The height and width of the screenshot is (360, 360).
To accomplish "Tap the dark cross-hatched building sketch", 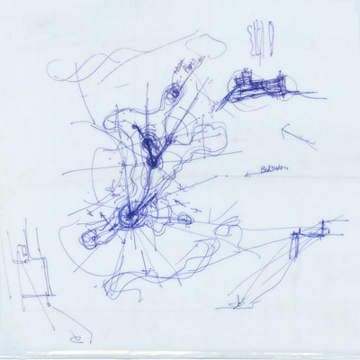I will click(x=256, y=88).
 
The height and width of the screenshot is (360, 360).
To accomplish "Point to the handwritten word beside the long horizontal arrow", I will click(x=270, y=168).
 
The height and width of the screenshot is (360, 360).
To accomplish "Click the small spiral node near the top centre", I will click(x=174, y=91).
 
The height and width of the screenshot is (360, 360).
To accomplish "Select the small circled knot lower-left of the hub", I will click(x=90, y=239).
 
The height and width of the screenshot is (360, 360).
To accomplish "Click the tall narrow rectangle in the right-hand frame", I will click(x=293, y=245).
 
